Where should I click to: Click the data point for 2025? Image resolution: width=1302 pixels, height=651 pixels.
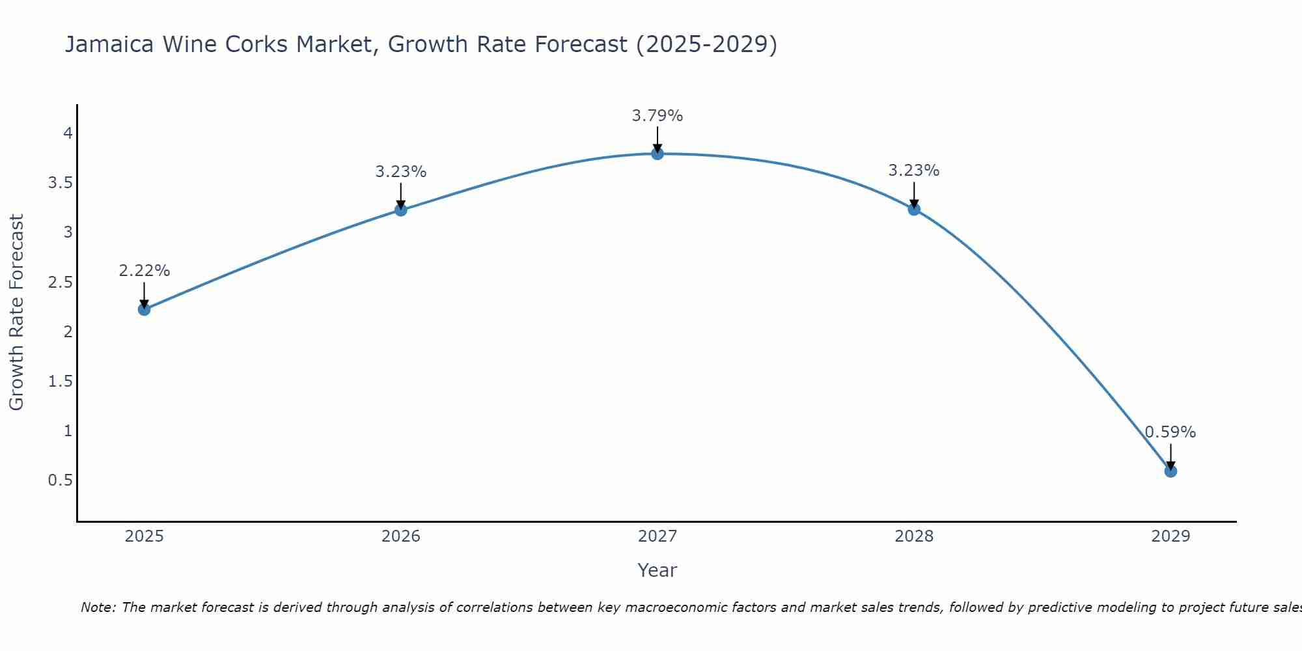pos(145,309)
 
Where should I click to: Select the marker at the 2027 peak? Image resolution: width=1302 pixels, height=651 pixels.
pos(658,154)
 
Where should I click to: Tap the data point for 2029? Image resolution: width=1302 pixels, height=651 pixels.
pos(1170,471)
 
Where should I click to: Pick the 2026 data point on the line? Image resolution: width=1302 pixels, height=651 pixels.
pos(401,210)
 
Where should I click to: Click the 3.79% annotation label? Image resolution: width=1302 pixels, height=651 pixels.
pos(658,116)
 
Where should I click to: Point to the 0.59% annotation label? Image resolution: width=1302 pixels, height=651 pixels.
pos(1170,432)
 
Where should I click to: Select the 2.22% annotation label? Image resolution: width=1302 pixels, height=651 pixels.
pos(145,271)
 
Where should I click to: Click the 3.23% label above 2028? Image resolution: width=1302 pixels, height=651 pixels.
pos(914,171)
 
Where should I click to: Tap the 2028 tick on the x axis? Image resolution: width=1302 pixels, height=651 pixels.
pos(914,536)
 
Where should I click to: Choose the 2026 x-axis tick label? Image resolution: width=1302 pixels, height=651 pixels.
pos(401,536)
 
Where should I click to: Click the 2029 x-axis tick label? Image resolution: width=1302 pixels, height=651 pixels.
pos(1170,536)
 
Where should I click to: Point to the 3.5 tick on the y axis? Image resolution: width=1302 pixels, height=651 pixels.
pos(60,183)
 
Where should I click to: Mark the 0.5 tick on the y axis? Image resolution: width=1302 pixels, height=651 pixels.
pos(60,480)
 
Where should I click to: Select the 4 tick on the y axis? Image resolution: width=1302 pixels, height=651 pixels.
pos(68,133)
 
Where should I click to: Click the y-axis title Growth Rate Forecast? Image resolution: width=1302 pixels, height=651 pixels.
pos(16,312)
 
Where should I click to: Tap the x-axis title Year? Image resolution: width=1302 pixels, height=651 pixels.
pos(658,570)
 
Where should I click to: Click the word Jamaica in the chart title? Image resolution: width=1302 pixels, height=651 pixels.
pos(109,44)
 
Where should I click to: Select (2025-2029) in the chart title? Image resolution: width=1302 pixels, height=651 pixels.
pos(706,44)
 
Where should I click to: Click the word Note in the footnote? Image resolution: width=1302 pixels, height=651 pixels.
pos(98,607)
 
